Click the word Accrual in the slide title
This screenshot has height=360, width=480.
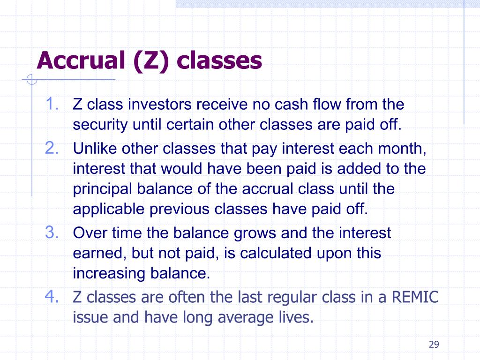pos(81,60)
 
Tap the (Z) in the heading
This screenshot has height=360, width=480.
pos(151,61)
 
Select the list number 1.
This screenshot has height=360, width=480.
pos(52,104)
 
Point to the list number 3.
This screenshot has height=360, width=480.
pos(52,232)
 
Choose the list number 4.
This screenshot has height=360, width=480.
pos(52,296)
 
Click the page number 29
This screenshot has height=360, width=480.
pos(434,345)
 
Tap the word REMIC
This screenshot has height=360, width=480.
pos(415,297)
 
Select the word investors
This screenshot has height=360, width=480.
pos(160,105)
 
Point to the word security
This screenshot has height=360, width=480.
pos(100,125)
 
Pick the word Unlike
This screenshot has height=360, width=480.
pos(95,149)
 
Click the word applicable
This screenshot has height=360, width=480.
pos(109,210)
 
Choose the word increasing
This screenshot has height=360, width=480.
pos(109,274)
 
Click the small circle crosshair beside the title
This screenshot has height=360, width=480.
pos(31,80)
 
